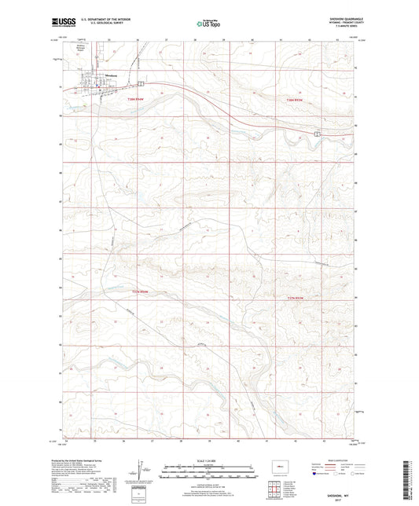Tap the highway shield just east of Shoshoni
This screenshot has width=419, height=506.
[141, 82]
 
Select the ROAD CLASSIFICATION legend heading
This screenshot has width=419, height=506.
[334, 449]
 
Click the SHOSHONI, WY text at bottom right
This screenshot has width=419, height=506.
[340, 487]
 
